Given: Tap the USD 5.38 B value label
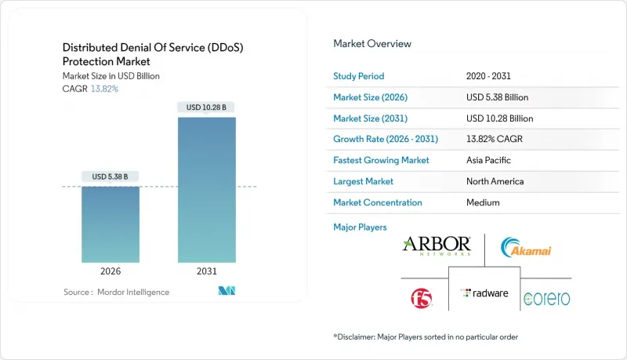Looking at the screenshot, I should [x=111, y=176].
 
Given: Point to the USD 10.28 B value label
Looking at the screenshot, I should [x=207, y=107].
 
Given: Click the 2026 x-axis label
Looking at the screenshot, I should [x=111, y=271].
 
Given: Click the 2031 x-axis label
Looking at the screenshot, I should [x=207, y=271].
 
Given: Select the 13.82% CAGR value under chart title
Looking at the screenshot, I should [x=104, y=89].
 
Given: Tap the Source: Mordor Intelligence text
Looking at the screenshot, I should [x=116, y=292].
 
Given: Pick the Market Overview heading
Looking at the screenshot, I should [x=371, y=44].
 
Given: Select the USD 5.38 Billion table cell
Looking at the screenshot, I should [x=497, y=97].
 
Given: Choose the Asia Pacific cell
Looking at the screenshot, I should [x=487, y=160].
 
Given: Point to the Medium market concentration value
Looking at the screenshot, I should [x=482, y=202].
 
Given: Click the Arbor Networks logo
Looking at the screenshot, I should [x=436, y=245].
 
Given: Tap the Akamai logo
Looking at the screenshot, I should [x=527, y=248].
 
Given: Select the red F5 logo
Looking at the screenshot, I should [x=421, y=297].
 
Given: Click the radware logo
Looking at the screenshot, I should [x=484, y=293].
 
